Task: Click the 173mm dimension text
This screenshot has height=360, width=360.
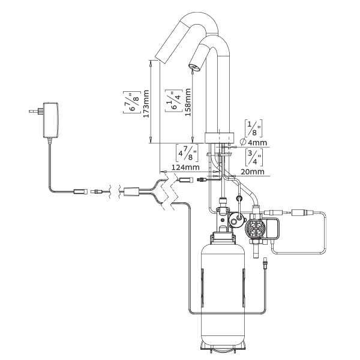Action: coord(146,104)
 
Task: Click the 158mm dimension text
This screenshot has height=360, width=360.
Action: coord(188,102)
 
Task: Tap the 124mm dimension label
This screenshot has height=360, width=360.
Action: coord(185,167)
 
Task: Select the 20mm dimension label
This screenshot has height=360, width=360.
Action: coord(253,172)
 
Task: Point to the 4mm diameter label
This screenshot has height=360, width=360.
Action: coord(257,143)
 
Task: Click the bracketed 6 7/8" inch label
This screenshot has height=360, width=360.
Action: coord(132,102)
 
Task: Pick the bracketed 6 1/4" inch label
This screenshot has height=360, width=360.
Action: coord(174,101)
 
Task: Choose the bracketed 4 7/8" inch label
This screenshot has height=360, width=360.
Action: coord(187,152)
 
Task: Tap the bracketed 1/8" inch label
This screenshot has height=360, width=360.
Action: coord(253,128)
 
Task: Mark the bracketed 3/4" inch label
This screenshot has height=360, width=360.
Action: coord(254,157)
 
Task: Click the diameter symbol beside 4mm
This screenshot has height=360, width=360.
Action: coord(243,142)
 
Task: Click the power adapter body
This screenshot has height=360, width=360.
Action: coord(50,120)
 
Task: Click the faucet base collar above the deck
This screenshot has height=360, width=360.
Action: coord(220,138)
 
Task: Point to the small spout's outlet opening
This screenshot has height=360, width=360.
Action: coord(194,67)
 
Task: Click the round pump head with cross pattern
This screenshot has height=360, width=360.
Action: coord(254,229)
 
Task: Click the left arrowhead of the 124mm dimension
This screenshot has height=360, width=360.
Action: coord(163,172)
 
